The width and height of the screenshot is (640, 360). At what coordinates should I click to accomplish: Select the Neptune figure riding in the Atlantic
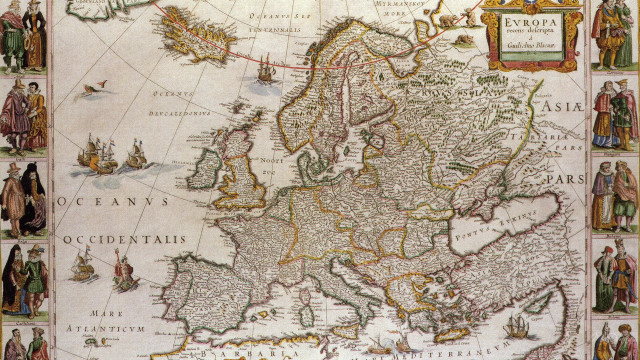point(125,270)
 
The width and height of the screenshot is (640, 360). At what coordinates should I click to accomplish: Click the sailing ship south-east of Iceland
point(266,70)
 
